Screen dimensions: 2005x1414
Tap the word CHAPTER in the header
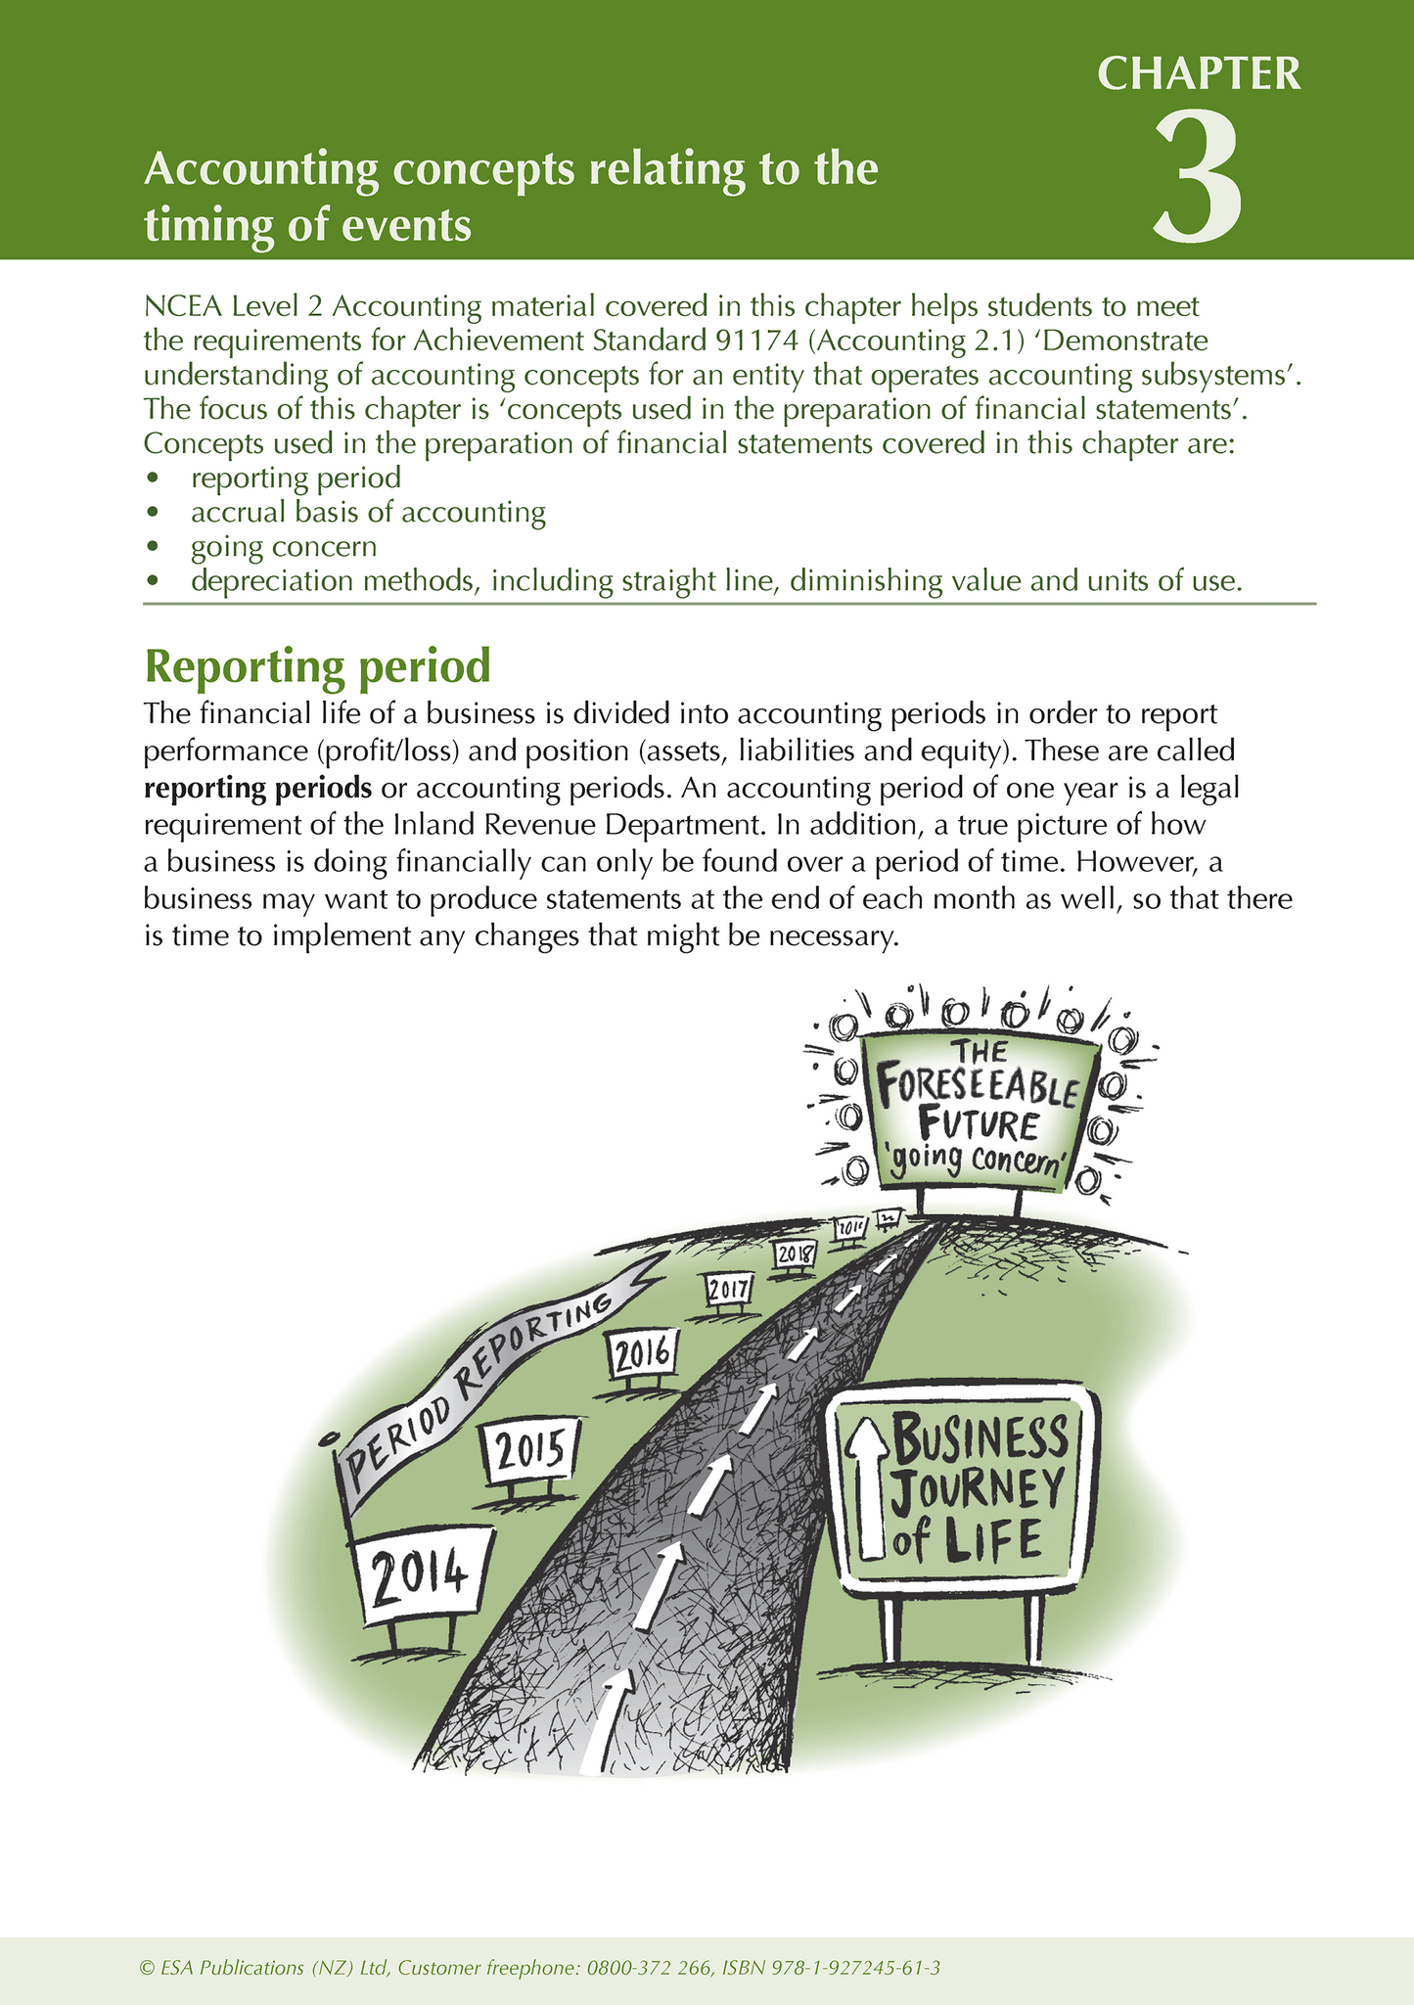[1199, 74]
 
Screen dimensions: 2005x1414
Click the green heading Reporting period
[317, 666]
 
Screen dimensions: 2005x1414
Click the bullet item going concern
[284, 546]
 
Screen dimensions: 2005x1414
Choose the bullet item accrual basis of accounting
[368, 512]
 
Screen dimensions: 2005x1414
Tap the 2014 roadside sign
[420, 1574]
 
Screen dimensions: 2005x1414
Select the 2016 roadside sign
[642, 1354]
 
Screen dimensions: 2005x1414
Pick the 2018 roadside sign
[795, 1253]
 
